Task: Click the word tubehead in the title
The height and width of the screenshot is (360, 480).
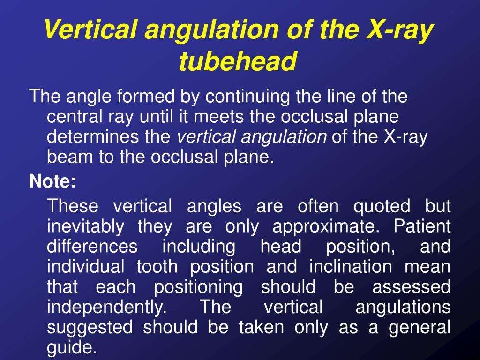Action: click(239, 61)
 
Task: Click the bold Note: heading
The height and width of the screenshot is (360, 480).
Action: click(52, 181)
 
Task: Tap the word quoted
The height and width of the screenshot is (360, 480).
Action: click(382, 206)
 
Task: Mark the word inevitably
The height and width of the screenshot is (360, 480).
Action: click(86, 226)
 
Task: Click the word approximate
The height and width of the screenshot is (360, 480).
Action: click(325, 226)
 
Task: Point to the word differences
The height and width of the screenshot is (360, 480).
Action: click(93, 247)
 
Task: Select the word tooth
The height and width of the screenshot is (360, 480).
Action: click(157, 267)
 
